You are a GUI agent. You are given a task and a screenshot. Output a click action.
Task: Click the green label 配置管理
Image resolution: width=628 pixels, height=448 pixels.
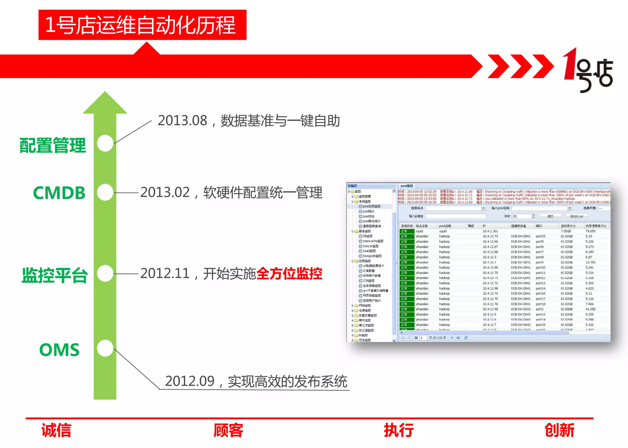(x=52, y=145)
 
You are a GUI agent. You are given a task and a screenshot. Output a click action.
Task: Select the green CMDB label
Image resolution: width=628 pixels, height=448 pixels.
(x=59, y=193)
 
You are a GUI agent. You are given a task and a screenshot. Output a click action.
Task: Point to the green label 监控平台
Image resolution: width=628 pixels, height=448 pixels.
(x=55, y=275)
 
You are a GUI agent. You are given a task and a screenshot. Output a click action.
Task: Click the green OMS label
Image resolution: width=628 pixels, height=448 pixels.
(x=59, y=350)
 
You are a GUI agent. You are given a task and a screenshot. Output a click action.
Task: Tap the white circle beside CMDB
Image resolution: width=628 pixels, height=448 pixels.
(x=105, y=192)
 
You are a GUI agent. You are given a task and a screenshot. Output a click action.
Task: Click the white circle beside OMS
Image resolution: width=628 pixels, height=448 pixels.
(x=105, y=348)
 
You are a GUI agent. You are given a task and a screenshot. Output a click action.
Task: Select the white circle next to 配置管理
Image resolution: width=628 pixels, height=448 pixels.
(x=105, y=143)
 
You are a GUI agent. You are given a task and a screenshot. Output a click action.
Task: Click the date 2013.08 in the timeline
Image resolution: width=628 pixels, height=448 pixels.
(x=182, y=120)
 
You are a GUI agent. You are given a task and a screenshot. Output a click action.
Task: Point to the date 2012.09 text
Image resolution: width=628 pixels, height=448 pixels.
(x=190, y=381)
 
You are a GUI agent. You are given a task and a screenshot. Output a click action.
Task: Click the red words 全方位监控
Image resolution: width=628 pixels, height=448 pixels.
(x=289, y=273)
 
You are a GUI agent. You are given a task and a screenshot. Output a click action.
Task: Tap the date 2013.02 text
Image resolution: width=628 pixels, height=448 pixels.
(x=165, y=192)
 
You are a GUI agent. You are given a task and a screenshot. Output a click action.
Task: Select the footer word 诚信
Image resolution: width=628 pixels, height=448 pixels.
(x=56, y=430)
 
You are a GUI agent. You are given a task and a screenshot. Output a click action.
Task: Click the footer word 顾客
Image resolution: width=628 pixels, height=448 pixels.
(x=228, y=430)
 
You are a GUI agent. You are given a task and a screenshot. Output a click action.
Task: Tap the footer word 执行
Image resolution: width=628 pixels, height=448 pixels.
(x=399, y=430)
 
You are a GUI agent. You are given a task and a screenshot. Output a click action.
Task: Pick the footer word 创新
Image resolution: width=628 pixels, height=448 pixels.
(x=559, y=430)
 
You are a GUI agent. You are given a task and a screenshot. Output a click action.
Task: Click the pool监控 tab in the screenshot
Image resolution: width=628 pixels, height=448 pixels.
(x=407, y=186)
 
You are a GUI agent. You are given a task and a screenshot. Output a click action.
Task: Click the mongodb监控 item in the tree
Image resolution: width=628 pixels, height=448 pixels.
(x=372, y=256)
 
